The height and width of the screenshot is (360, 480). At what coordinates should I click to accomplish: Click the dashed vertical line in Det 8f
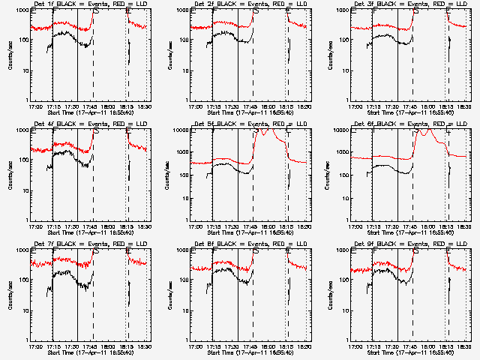253,300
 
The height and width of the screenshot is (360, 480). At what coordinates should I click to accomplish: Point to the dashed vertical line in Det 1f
93,60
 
